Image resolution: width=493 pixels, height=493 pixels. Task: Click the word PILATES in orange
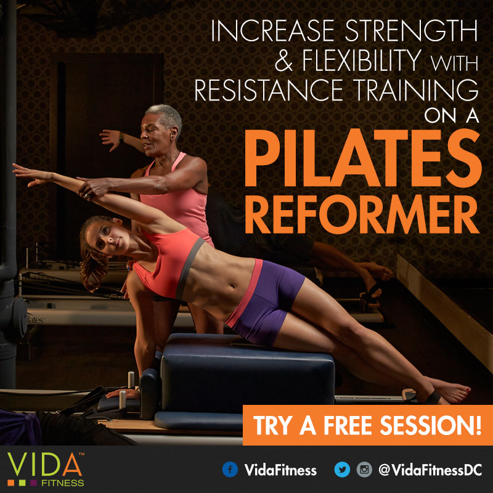click(x=363, y=158)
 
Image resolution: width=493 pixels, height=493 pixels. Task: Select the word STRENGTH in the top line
click(x=411, y=31)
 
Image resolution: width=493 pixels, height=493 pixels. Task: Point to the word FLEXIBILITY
click(x=362, y=60)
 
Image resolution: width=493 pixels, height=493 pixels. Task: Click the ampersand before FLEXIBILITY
click(x=283, y=60)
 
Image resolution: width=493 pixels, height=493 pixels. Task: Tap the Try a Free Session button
click(x=367, y=425)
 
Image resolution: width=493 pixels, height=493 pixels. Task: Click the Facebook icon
click(x=230, y=470)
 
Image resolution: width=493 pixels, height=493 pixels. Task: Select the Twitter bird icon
click(x=342, y=470)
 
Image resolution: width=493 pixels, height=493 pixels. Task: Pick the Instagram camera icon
click(x=364, y=470)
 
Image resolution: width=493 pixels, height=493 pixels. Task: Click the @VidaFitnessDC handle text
click(x=430, y=470)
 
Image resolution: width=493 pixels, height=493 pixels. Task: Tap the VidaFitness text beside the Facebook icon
click(x=280, y=470)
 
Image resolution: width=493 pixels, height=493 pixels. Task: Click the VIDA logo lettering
click(x=44, y=465)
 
